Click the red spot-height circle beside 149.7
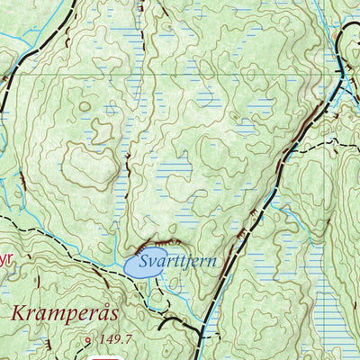coord(87,340)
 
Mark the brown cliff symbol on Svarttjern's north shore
coord(158,246)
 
